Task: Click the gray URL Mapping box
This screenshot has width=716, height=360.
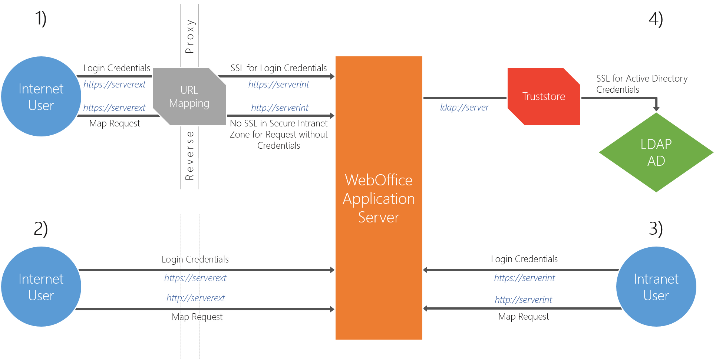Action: coord(189,96)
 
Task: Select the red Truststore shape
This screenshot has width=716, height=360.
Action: coord(544,96)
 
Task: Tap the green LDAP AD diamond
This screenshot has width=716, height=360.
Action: coord(656,152)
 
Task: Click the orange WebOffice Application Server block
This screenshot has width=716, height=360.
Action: coord(379,198)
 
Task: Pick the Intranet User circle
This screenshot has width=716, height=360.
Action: coord(656,287)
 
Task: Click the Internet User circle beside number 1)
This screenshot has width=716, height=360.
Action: coord(41,97)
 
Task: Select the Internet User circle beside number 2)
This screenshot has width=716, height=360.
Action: coord(41,287)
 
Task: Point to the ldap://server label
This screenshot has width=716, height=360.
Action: coord(464,108)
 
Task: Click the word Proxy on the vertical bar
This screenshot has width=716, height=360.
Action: coord(189,36)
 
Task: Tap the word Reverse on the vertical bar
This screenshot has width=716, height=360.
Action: coord(189,156)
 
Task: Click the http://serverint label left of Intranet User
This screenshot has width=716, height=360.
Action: coord(523,300)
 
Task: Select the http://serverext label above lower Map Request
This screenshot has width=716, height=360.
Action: coord(195,298)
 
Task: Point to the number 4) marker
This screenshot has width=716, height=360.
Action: coord(656,19)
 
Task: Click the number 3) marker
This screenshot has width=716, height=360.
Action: coord(656,228)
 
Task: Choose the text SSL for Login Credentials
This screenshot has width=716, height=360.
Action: coord(278,68)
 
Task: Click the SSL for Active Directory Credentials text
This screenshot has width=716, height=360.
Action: coord(641,84)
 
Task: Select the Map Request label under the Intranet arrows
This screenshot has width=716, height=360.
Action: coord(523,316)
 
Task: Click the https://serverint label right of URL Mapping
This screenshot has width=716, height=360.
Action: coord(278,85)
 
